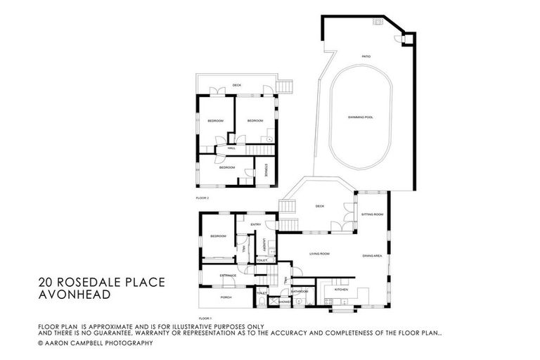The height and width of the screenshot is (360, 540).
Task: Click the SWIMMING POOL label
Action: click(x=360, y=117)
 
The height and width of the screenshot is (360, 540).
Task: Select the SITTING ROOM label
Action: click(x=372, y=214)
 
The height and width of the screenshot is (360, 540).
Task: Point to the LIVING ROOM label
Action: click(x=319, y=254)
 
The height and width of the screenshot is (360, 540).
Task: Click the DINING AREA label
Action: click(x=372, y=255)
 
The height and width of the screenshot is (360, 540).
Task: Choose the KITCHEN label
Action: click(x=341, y=289)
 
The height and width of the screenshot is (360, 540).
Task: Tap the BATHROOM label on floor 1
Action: click(x=300, y=290)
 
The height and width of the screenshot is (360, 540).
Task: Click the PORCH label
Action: click(x=226, y=297)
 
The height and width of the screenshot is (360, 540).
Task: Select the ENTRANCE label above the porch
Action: click(x=228, y=275)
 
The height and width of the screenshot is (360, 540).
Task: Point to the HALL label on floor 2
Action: click(x=231, y=148)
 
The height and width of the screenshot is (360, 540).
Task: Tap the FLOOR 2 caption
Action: click(x=202, y=198)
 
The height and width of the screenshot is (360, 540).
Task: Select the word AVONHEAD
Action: click(x=75, y=295)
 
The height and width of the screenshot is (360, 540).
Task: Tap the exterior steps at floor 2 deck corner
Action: click(x=285, y=86)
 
